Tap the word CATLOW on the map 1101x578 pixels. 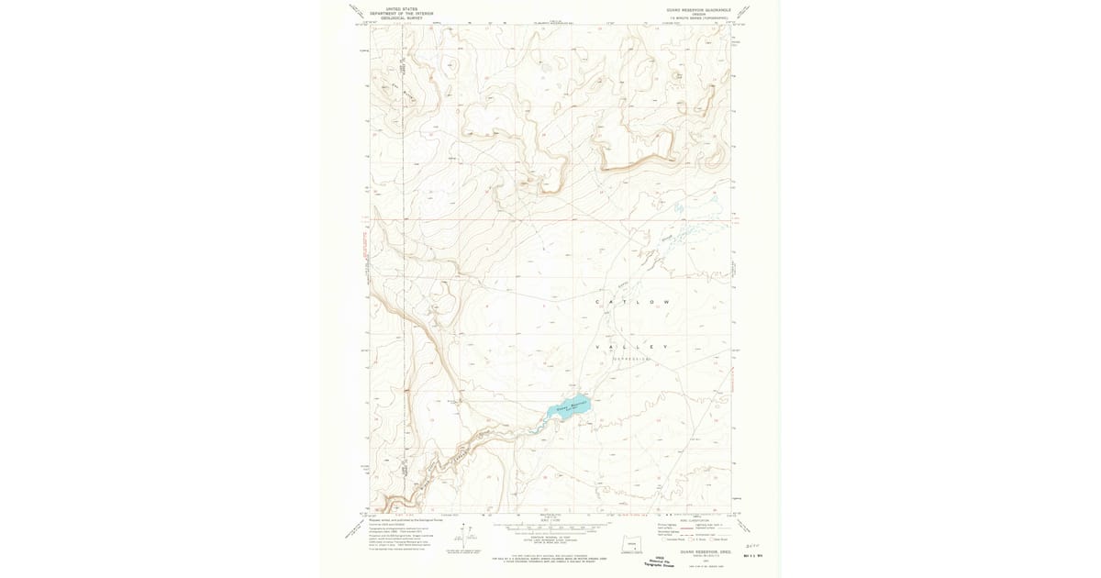click(632, 303)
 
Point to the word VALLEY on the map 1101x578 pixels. click(632, 347)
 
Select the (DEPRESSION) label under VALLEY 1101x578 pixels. click(632, 359)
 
